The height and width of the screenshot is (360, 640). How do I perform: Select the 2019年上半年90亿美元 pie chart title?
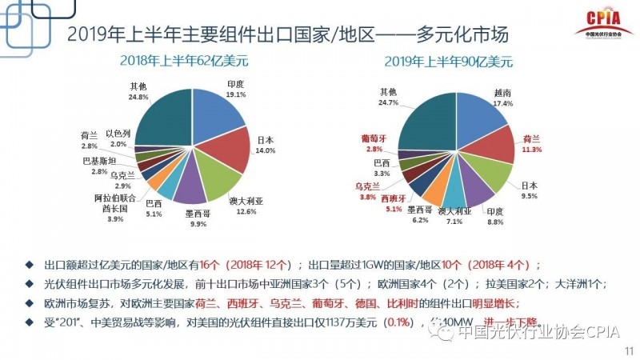coord(449,60)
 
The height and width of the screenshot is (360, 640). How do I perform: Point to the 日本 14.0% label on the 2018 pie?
coord(266,145)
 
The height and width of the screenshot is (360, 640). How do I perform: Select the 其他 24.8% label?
coord(137,91)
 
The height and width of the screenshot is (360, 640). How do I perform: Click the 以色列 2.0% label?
coord(118,138)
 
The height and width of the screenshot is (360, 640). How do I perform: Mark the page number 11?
coord(626,350)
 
